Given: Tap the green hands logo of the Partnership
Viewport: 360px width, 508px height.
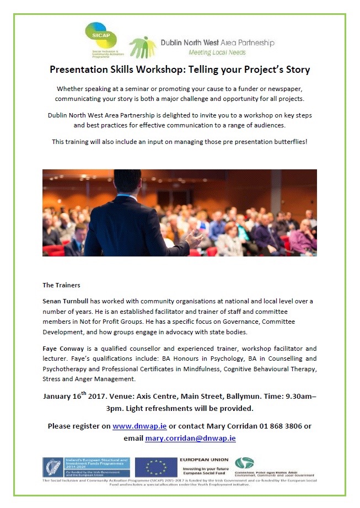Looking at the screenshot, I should (x=142, y=47).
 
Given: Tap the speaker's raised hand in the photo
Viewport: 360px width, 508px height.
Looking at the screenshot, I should (x=195, y=238).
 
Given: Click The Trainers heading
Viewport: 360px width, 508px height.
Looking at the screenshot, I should (x=61, y=285).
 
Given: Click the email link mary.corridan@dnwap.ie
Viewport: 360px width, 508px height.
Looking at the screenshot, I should (x=190, y=438).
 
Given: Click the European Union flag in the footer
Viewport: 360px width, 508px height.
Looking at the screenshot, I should (x=155, y=467).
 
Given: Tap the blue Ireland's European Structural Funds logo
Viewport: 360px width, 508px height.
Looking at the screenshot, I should (x=87, y=467).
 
